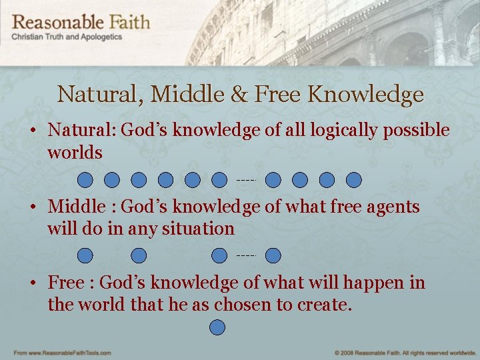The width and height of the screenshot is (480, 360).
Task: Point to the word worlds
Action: [x=75, y=153]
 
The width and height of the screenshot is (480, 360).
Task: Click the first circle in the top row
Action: [x=85, y=179]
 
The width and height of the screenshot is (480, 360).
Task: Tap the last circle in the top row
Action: [x=354, y=179]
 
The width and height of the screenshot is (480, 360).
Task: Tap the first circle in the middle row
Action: [x=85, y=255]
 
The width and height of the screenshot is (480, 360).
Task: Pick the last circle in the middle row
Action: [x=273, y=255]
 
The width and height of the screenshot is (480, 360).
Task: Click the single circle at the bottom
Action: [x=217, y=327]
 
